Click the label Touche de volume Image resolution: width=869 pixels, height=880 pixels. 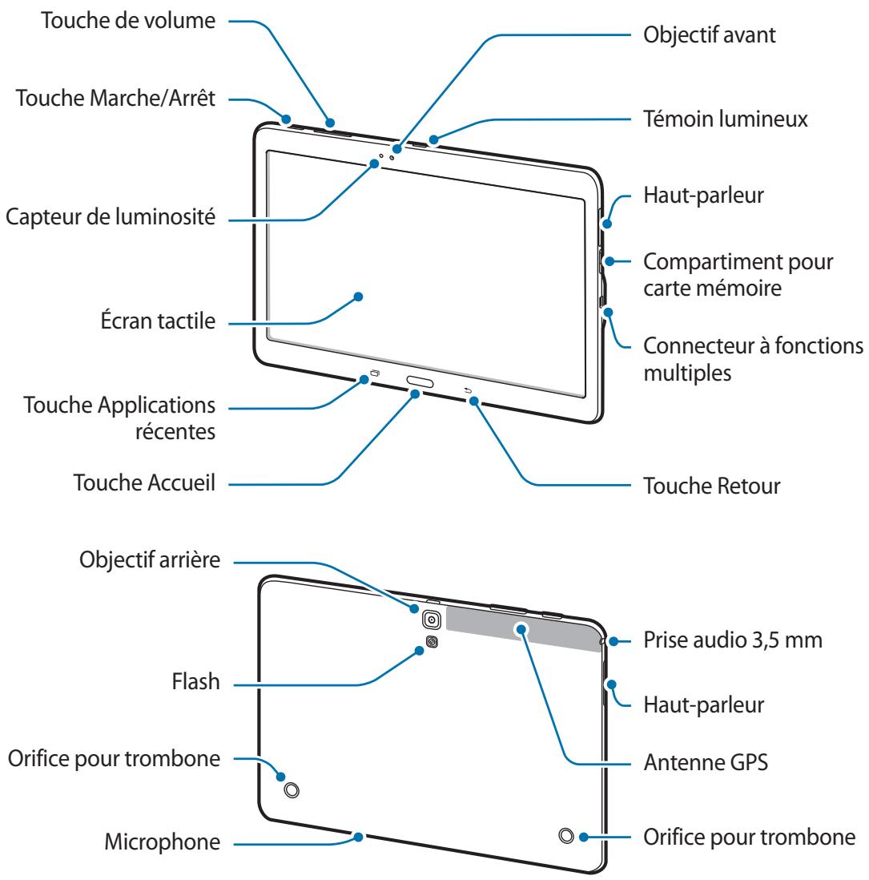(129, 22)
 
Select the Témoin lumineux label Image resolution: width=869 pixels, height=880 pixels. (726, 119)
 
